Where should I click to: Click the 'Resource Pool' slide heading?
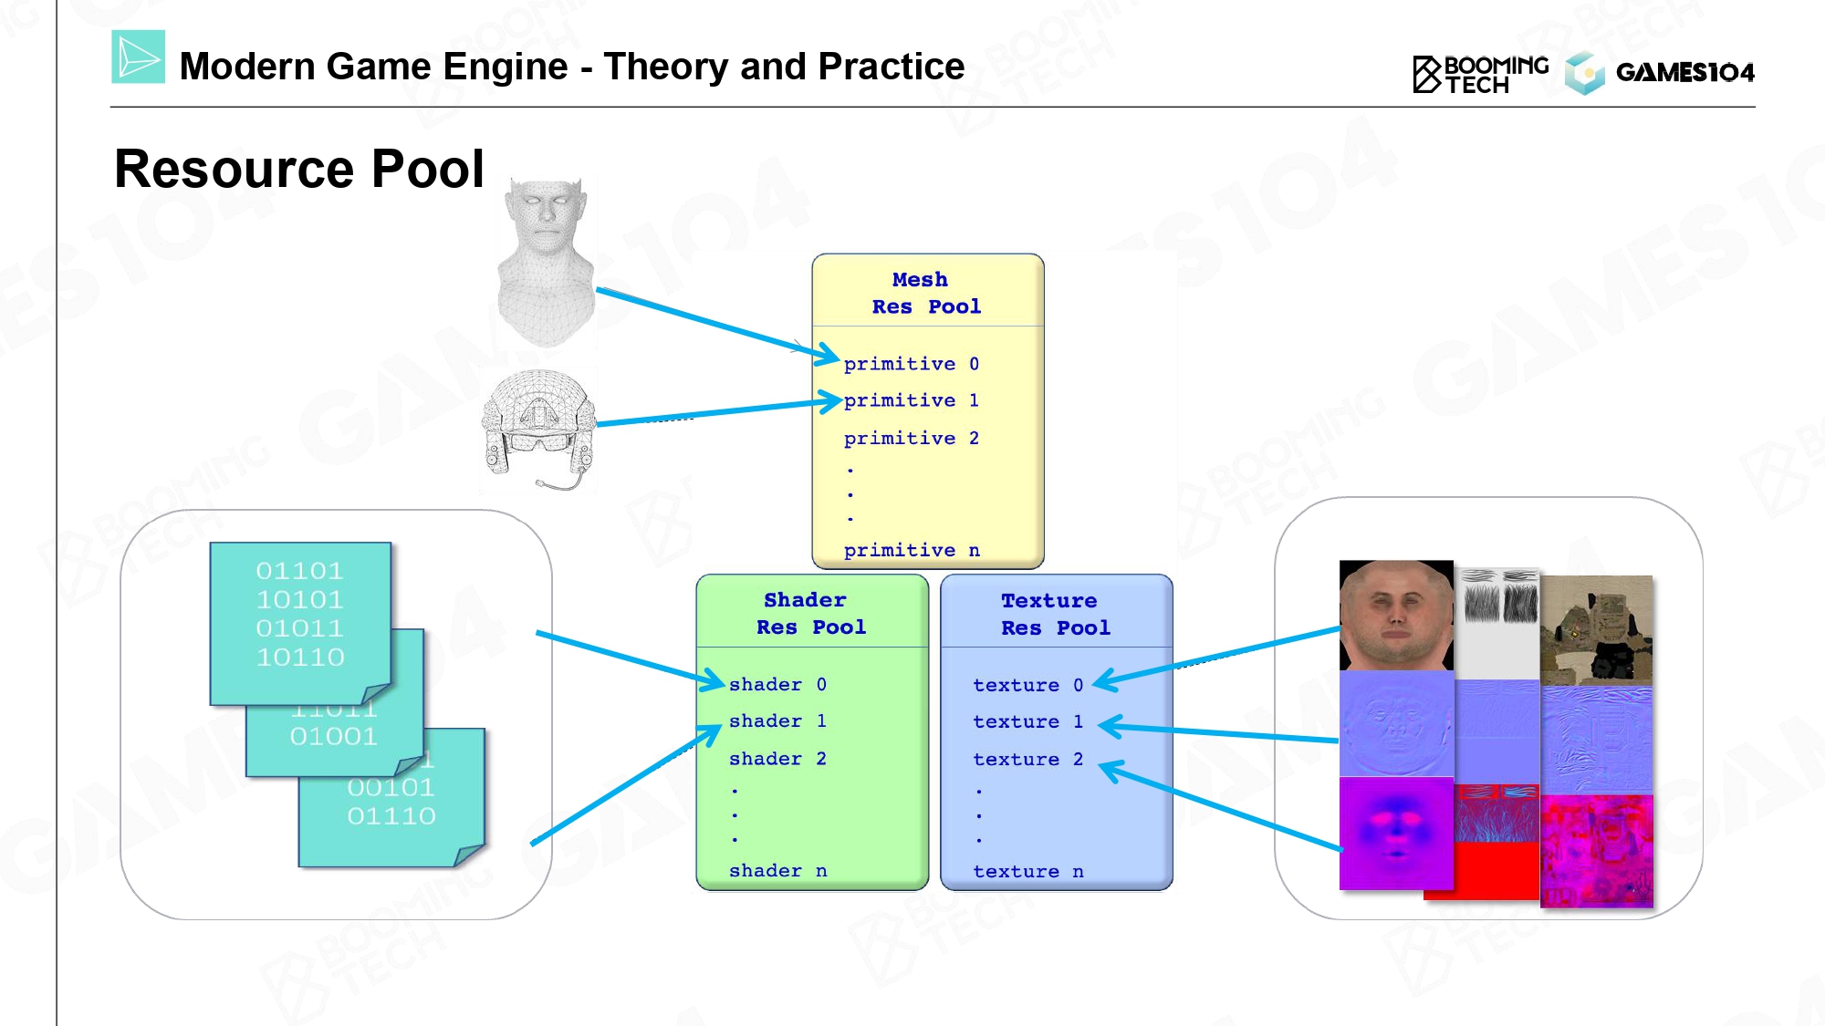(298, 170)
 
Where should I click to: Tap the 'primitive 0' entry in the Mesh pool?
(911, 364)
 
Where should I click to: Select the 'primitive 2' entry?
(911, 439)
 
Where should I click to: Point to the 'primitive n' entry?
(911, 550)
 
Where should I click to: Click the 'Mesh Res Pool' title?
(925, 293)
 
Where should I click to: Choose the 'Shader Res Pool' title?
(810, 613)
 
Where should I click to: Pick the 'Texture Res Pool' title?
(1055, 614)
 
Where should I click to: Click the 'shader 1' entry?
(777, 721)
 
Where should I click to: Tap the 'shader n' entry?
(777, 871)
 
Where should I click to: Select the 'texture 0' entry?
(1027, 685)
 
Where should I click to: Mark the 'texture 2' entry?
(1027, 760)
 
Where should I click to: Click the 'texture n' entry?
(1027, 872)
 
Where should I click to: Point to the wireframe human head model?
(546, 263)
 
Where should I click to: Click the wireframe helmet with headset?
(538, 430)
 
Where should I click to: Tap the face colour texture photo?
(1396, 616)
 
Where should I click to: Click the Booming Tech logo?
(1480, 74)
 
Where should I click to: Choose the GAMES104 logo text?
(1684, 72)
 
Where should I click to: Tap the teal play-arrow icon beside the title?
(139, 57)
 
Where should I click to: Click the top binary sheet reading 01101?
(300, 623)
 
